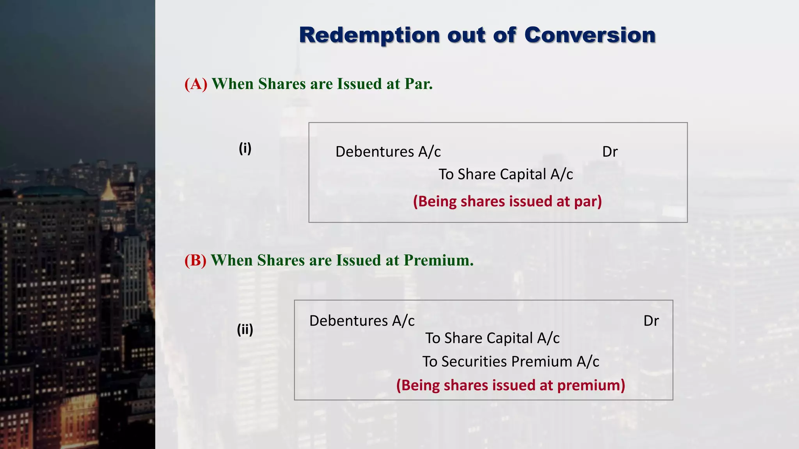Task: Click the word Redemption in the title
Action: pyautogui.click(x=369, y=35)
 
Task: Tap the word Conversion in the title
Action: pyautogui.click(x=589, y=35)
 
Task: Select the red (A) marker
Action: pyautogui.click(x=196, y=84)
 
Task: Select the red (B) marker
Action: pyautogui.click(x=195, y=260)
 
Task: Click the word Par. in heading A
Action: pyautogui.click(x=419, y=84)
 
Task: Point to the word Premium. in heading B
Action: pyautogui.click(x=439, y=260)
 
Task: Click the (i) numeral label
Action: pyautogui.click(x=245, y=148)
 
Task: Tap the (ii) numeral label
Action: pyautogui.click(x=245, y=329)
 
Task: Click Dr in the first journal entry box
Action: pyautogui.click(x=610, y=152)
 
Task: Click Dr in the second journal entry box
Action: pyautogui.click(x=651, y=321)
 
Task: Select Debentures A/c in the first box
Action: pyautogui.click(x=388, y=152)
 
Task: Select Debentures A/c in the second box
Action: pyautogui.click(x=362, y=321)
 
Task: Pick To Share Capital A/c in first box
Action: pyautogui.click(x=506, y=174)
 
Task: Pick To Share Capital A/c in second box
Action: pyautogui.click(x=492, y=338)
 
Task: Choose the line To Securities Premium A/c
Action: pyautogui.click(x=511, y=362)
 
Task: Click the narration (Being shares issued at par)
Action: pyautogui.click(x=507, y=202)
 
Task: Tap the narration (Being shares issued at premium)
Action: pyautogui.click(x=511, y=385)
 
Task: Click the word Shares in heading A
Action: pyautogui.click(x=282, y=84)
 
